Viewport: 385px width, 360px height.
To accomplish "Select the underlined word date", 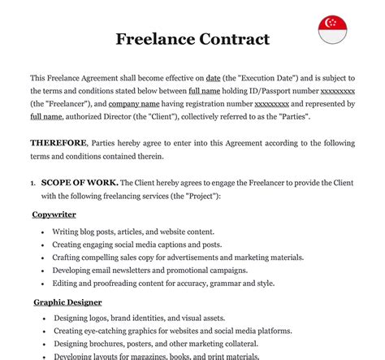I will tap(214, 76).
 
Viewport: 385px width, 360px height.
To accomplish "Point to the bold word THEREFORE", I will tap(57, 143).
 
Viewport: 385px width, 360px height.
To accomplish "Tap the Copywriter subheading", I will tap(54, 215).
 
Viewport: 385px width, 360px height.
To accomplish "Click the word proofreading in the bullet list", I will tap(113, 284).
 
